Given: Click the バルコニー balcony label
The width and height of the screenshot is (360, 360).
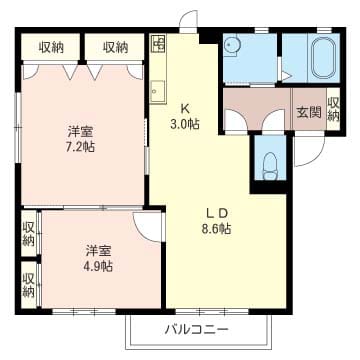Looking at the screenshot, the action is (x=197, y=330).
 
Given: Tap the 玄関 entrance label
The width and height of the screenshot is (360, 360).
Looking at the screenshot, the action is (x=309, y=113).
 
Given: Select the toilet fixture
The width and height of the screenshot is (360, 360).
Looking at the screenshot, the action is (x=269, y=166).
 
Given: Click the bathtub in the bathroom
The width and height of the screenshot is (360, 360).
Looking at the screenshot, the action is (x=323, y=58).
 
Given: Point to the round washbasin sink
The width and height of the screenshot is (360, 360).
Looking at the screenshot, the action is (x=231, y=45).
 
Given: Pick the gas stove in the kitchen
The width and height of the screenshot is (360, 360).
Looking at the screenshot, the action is (x=158, y=43).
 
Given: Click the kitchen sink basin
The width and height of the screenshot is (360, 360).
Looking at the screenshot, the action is (x=157, y=92).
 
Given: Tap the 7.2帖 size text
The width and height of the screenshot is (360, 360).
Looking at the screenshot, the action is (x=80, y=146).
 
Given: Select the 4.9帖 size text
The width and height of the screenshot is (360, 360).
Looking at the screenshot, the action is (x=98, y=266).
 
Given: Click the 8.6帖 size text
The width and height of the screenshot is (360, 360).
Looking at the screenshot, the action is (x=217, y=228).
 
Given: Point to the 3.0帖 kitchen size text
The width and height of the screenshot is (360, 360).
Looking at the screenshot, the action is (x=185, y=124).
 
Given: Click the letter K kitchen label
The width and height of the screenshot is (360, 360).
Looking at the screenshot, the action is (x=185, y=108).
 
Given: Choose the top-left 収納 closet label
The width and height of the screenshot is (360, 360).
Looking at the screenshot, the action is (x=51, y=48).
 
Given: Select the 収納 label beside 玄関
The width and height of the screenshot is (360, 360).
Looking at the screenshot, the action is (x=333, y=109).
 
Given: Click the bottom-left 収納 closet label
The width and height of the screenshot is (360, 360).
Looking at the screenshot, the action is (x=29, y=285).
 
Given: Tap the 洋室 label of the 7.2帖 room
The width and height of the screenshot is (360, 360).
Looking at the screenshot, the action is (x=80, y=132).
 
